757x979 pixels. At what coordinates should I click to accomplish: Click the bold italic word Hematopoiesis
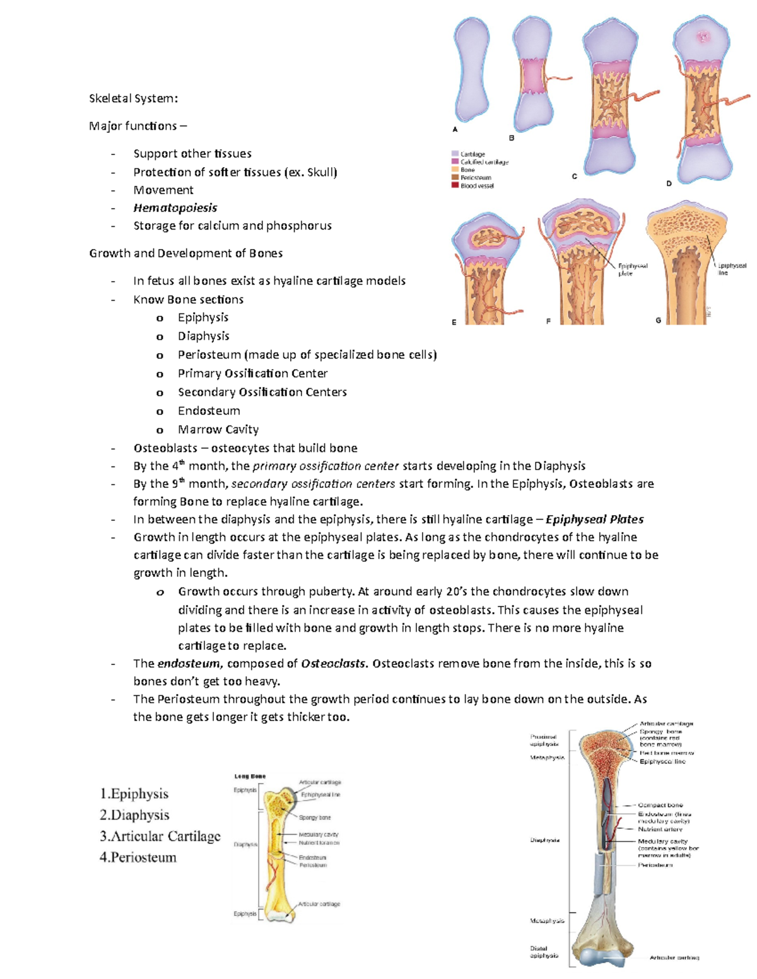pos(175,208)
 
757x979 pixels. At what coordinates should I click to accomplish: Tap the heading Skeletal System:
pos(133,98)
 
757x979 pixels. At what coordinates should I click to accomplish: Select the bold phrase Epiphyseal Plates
pos(594,519)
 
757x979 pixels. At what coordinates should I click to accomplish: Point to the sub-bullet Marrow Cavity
pos(218,429)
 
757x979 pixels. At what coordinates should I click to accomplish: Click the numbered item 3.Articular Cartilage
pos(160,836)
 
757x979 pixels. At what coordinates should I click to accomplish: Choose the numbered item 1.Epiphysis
pos(134,794)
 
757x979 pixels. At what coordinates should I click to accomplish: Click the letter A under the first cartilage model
pos(455,129)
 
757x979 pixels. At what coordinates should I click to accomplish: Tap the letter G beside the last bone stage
pos(658,320)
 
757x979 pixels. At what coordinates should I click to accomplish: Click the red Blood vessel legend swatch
pos(455,185)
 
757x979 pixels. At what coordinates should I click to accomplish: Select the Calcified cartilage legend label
pos(484,162)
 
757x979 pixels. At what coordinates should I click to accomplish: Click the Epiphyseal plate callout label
pos(632,270)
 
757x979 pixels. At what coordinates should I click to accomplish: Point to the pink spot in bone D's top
pos(702,37)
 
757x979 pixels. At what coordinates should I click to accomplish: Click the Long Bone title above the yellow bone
pos(250,776)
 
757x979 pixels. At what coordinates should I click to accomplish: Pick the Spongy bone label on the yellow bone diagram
pos(314,818)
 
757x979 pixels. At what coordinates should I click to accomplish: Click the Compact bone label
pos(660,805)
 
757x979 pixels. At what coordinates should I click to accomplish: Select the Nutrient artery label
pos(660,829)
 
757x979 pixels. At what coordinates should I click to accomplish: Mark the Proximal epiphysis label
pos(544,740)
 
